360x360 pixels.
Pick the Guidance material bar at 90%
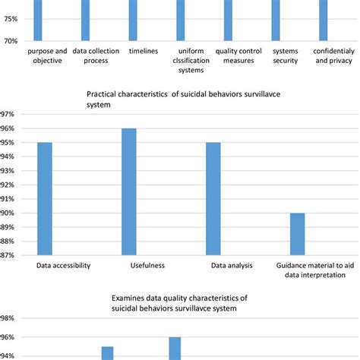[297, 235]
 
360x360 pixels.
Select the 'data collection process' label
[90, 56]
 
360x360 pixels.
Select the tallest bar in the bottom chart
[175, 349]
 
